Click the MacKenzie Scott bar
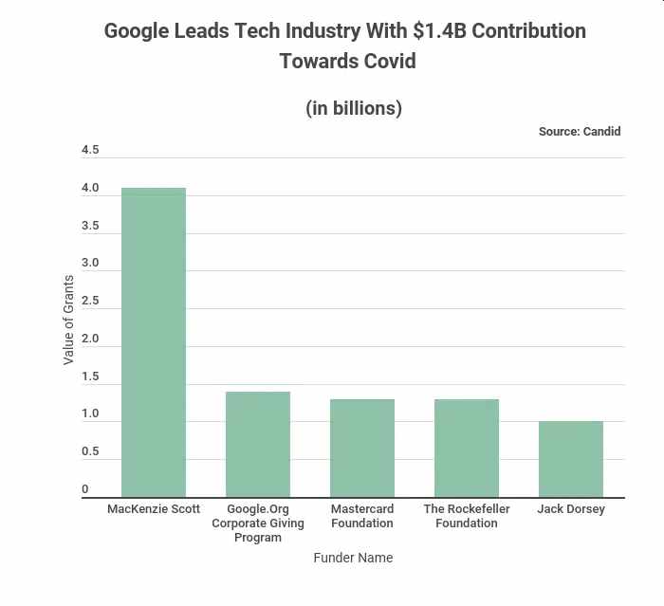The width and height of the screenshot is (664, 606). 154,342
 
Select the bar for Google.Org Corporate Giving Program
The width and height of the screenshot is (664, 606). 258,444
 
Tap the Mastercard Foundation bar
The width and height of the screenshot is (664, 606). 362,448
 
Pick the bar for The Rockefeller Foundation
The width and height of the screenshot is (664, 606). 467,448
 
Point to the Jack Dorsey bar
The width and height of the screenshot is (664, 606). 571,459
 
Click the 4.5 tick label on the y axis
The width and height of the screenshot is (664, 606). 90,150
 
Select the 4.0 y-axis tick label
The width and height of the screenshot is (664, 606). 90,188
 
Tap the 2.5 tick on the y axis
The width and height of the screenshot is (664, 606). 90,301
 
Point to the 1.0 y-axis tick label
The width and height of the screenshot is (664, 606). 90,413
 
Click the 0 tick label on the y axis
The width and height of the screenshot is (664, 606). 85,489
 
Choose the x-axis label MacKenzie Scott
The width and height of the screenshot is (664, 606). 154,509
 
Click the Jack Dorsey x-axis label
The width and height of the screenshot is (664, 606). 571,509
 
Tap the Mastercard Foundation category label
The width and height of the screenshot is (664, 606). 362,516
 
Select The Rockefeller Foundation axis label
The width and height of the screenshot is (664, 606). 467,516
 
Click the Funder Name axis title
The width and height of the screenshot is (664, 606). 353,558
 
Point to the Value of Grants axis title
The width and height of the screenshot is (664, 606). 68,320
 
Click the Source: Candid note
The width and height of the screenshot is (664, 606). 580,132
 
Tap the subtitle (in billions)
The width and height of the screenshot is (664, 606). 354,108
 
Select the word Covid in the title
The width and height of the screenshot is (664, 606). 386,62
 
